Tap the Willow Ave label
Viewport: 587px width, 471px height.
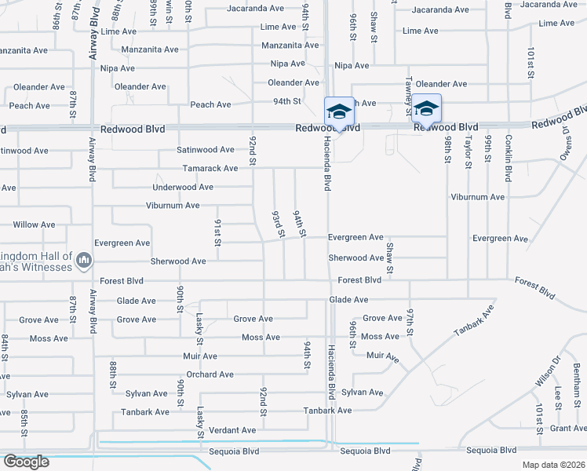[34, 225]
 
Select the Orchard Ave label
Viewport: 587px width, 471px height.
[210, 374]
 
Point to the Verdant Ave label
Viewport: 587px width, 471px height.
[232, 430]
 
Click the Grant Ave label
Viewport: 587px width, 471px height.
[568, 428]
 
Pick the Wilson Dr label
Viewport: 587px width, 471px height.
[547, 370]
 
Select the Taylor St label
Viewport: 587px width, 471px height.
[468, 152]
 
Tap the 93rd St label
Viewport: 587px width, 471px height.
[277, 224]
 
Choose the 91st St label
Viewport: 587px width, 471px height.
[217, 232]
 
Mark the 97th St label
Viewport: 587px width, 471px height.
[410, 322]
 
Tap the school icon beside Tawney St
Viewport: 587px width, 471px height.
[426, 108]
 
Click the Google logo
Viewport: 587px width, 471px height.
[26, 462]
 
